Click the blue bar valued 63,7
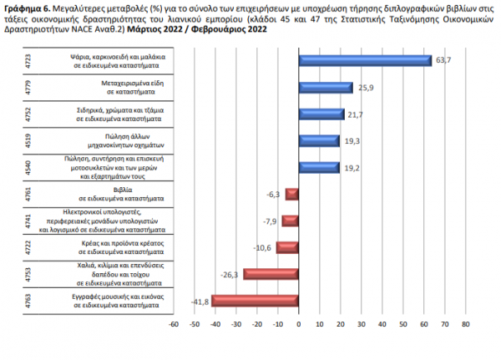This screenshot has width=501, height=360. click(365, 61)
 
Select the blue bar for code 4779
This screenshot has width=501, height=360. click(326, 88)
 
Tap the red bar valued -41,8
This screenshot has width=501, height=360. click(255, 301)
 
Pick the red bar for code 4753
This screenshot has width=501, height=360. click(271, 274)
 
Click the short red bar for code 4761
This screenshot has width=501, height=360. click(292, 195)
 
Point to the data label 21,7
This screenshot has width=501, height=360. click(356, 114)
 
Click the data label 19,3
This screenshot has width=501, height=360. click(352, 141)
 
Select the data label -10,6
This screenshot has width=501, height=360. click(262, 248)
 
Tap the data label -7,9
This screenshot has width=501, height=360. click(270, 221)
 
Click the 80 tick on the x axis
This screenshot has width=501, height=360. click(466, 324)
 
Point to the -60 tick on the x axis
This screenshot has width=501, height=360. click(174, 324)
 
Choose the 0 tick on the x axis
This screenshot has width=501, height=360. click(299, 324)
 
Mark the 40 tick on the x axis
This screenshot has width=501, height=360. click(382, 324)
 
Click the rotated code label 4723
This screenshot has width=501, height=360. click(28, 61)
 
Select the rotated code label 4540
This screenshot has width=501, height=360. click(28, 168)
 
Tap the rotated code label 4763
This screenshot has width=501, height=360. click(28, 301)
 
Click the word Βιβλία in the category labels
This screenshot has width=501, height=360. click(123, 190)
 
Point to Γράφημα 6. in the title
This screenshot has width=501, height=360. click(28, 8)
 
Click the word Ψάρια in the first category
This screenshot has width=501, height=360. click(79, 57)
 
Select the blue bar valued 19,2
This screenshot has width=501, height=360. click(319, 168)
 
